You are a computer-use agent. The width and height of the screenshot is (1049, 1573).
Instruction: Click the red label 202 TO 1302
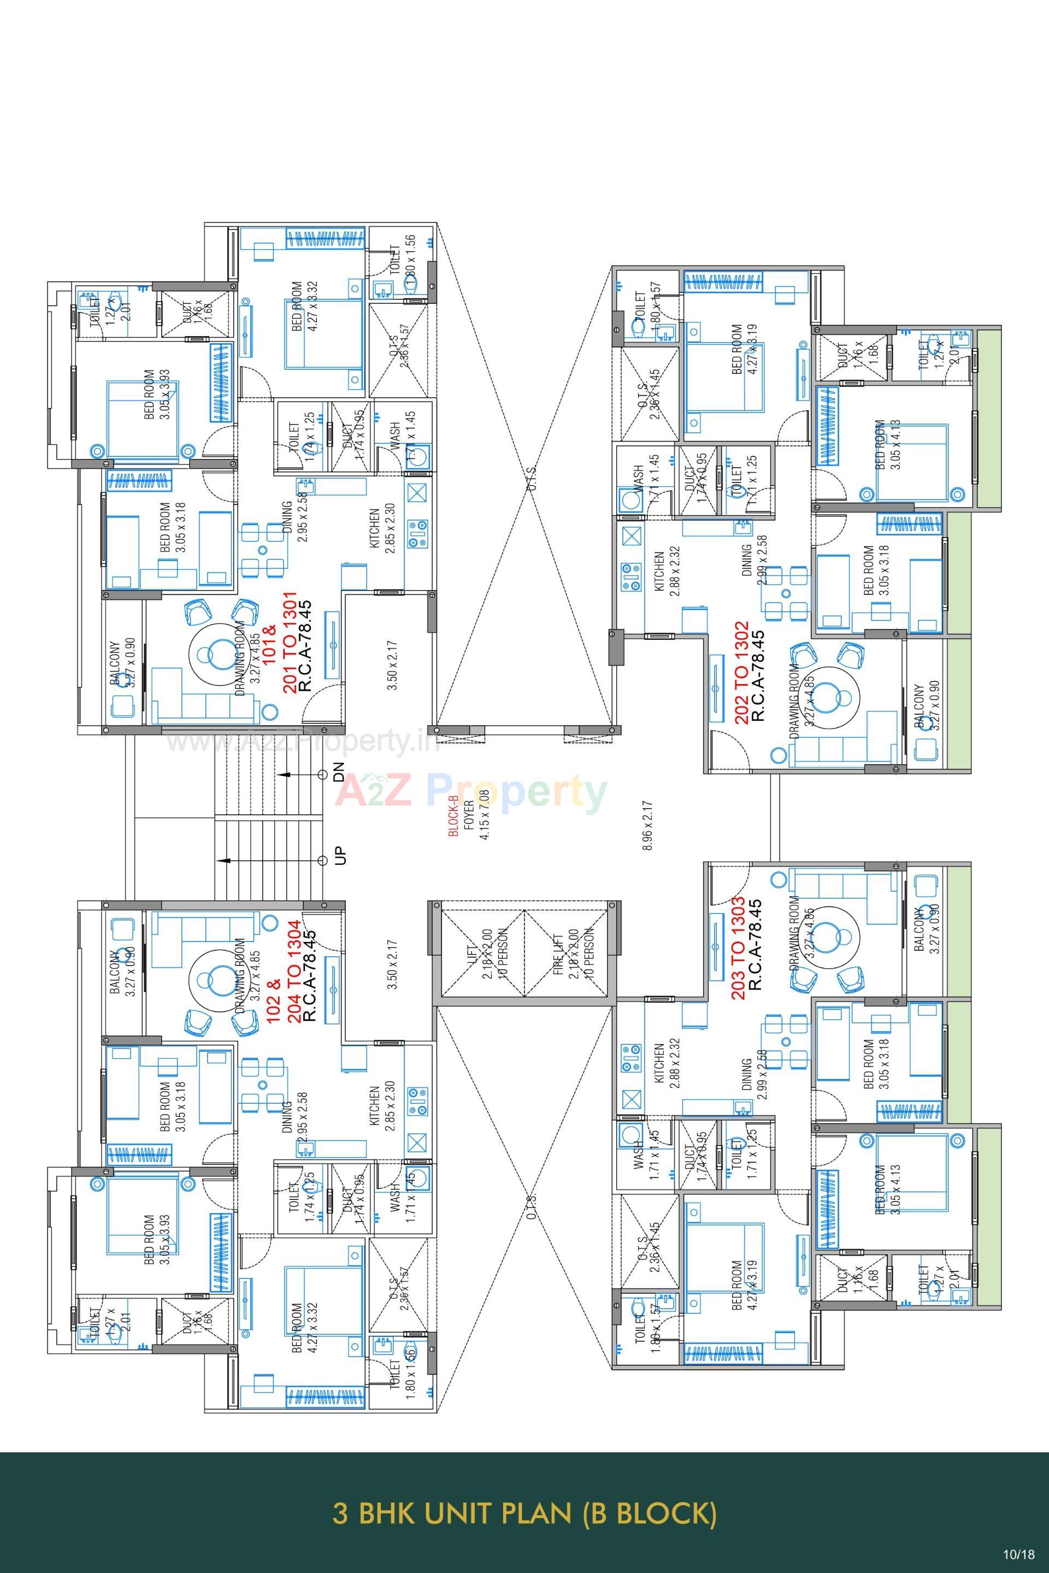pyautogui.click(x=741, y=673)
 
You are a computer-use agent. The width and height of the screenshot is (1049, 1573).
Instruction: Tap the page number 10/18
pyautogui.click(x=1018, y=1553)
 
